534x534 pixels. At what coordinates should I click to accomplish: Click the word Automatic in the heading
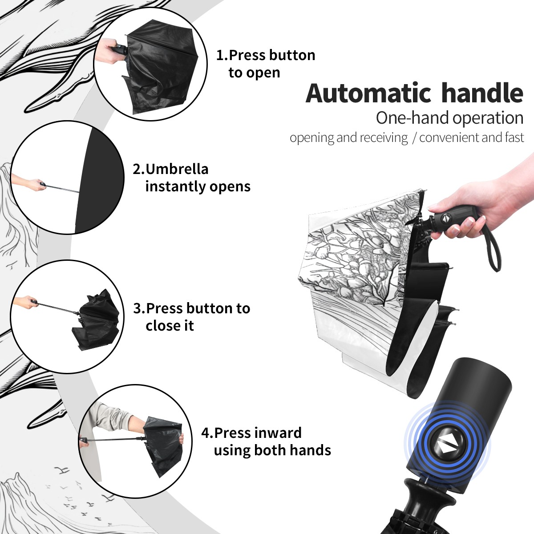click(369, 93)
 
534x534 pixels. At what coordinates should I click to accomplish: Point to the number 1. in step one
click(222, 55)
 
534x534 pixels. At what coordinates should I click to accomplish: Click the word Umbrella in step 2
click(177, 169)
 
